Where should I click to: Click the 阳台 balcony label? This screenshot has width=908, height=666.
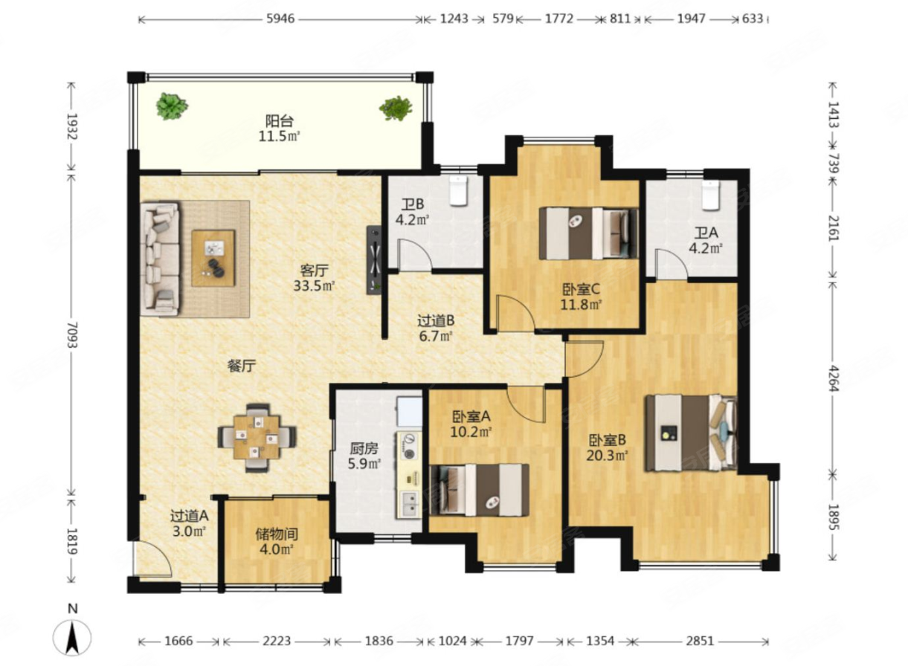coord(280,120)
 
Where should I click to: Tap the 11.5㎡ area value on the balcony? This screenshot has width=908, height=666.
coord(280,136)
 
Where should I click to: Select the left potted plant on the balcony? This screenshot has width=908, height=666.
coord(172,106)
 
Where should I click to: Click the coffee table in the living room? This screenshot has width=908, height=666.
coord(213,259)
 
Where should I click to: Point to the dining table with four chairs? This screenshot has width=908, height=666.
coord(257,438)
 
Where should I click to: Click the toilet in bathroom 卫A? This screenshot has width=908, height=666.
coord(711,195)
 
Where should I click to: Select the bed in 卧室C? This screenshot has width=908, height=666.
coord(588,233)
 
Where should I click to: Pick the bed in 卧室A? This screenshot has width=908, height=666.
coord(479,490)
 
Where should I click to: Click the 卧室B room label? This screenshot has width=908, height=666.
coord(608,439)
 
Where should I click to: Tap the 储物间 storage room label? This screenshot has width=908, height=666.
coord(277,534)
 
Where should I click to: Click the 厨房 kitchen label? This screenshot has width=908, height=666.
coord(364,448)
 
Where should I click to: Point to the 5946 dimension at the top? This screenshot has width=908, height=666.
coord(280,19)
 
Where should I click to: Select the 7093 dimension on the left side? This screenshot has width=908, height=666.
coord(71,334)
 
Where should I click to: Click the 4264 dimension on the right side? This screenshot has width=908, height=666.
coord(832,378)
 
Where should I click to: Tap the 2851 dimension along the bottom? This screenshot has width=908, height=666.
coord(700,641)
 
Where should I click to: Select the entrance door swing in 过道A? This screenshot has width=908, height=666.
coord(152,560)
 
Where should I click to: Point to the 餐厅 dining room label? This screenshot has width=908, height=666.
coord(242,366)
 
